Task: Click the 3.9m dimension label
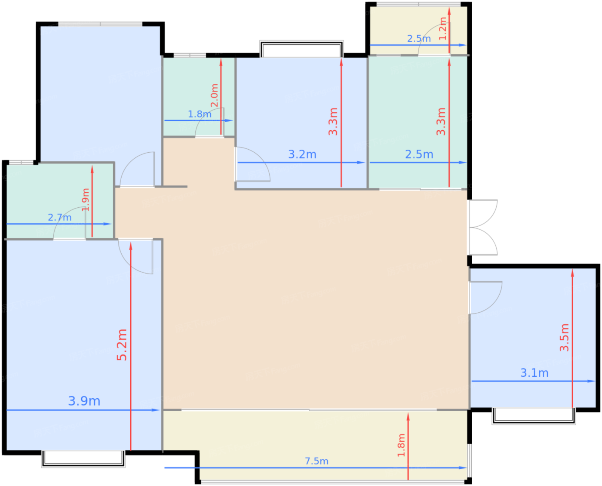84,401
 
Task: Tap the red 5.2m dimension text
122,345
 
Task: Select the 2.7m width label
60,218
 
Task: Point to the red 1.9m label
85,200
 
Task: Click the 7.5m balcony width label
316,461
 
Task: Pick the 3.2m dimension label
302,154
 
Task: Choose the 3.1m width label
534,373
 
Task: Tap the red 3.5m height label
564,338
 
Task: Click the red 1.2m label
443,28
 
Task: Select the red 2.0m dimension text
215,95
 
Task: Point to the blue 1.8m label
200,114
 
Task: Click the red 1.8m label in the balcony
401,445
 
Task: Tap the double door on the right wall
483,228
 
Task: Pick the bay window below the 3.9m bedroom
83,459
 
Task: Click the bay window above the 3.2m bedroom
301,49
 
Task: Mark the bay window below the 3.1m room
534,416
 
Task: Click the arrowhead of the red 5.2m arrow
131,246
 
